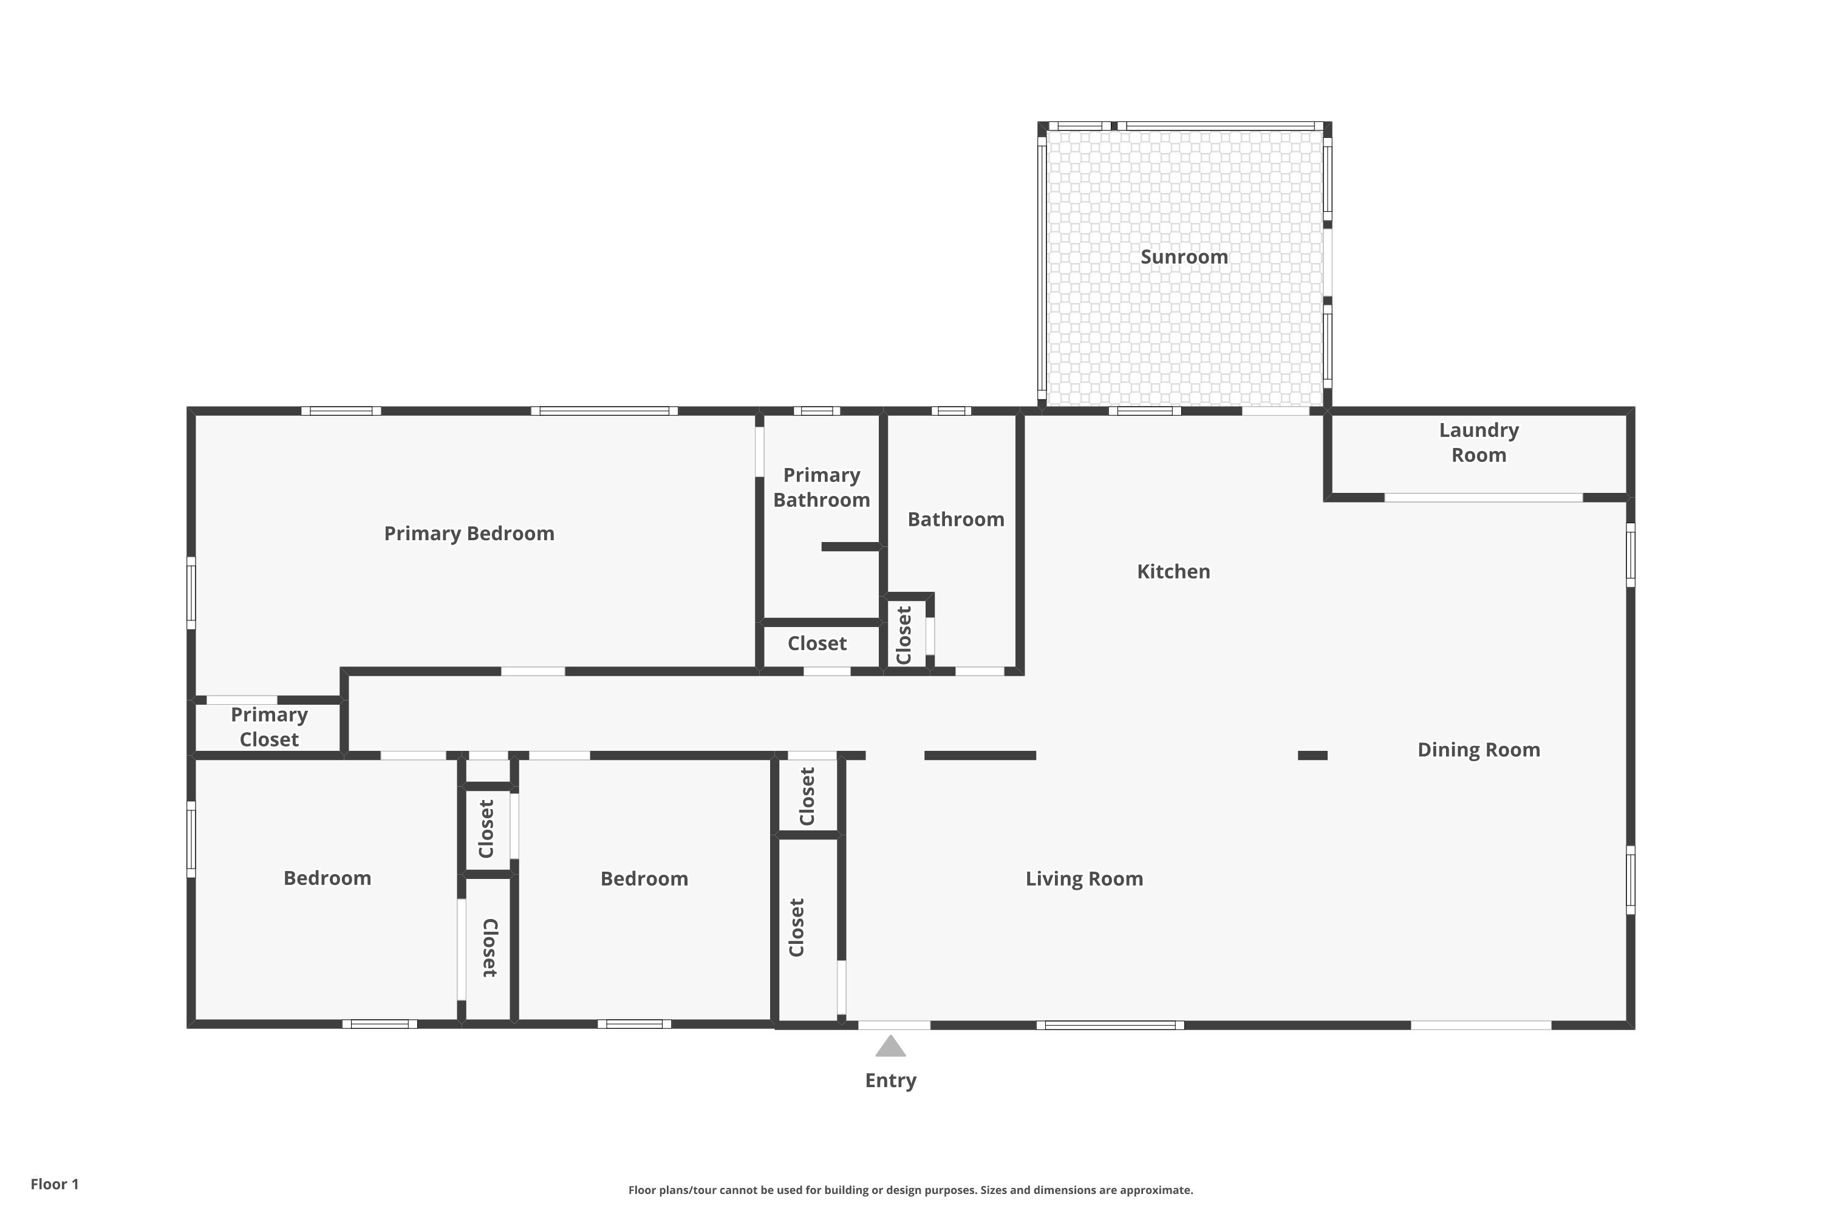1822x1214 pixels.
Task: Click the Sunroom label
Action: (x=1184, y=257)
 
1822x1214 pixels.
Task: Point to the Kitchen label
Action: (x=1173, y=571)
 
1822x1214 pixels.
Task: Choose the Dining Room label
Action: (x=1478, y=750)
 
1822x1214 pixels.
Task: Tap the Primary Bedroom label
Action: (x=469, y=534)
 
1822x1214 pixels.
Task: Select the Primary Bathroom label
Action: (x=821, y=487)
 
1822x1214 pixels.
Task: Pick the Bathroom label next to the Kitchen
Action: (x=955, y=520)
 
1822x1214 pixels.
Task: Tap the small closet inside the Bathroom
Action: (x=904, y=635)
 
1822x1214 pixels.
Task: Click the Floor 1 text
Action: (x=54, y=1184)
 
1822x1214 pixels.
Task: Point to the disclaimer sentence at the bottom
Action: (x=910, y=1190)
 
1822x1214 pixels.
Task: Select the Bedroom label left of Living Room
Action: (x=644, y=879)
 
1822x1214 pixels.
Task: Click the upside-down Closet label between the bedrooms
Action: (x=490, y=948)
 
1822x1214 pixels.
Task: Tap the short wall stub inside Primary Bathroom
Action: (x=850, y=547)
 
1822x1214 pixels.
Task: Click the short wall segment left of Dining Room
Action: (x=1312, y=756)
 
